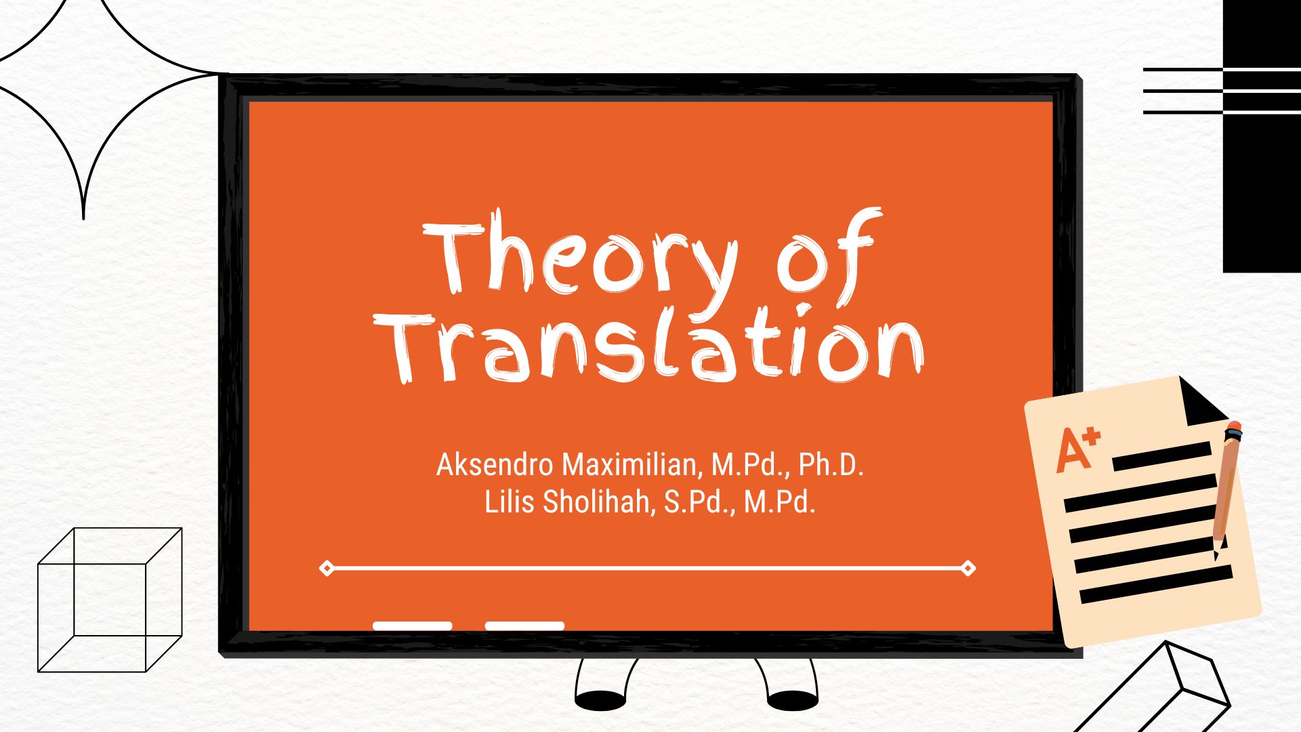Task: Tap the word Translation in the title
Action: [649, 346]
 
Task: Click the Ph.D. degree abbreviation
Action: [831, 465]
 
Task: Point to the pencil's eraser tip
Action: [1234, 428]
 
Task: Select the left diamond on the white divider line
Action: [327, 568]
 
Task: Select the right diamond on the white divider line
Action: [968, 568]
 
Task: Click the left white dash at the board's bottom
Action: [412, 626]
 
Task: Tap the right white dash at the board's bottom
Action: [524, 626]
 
